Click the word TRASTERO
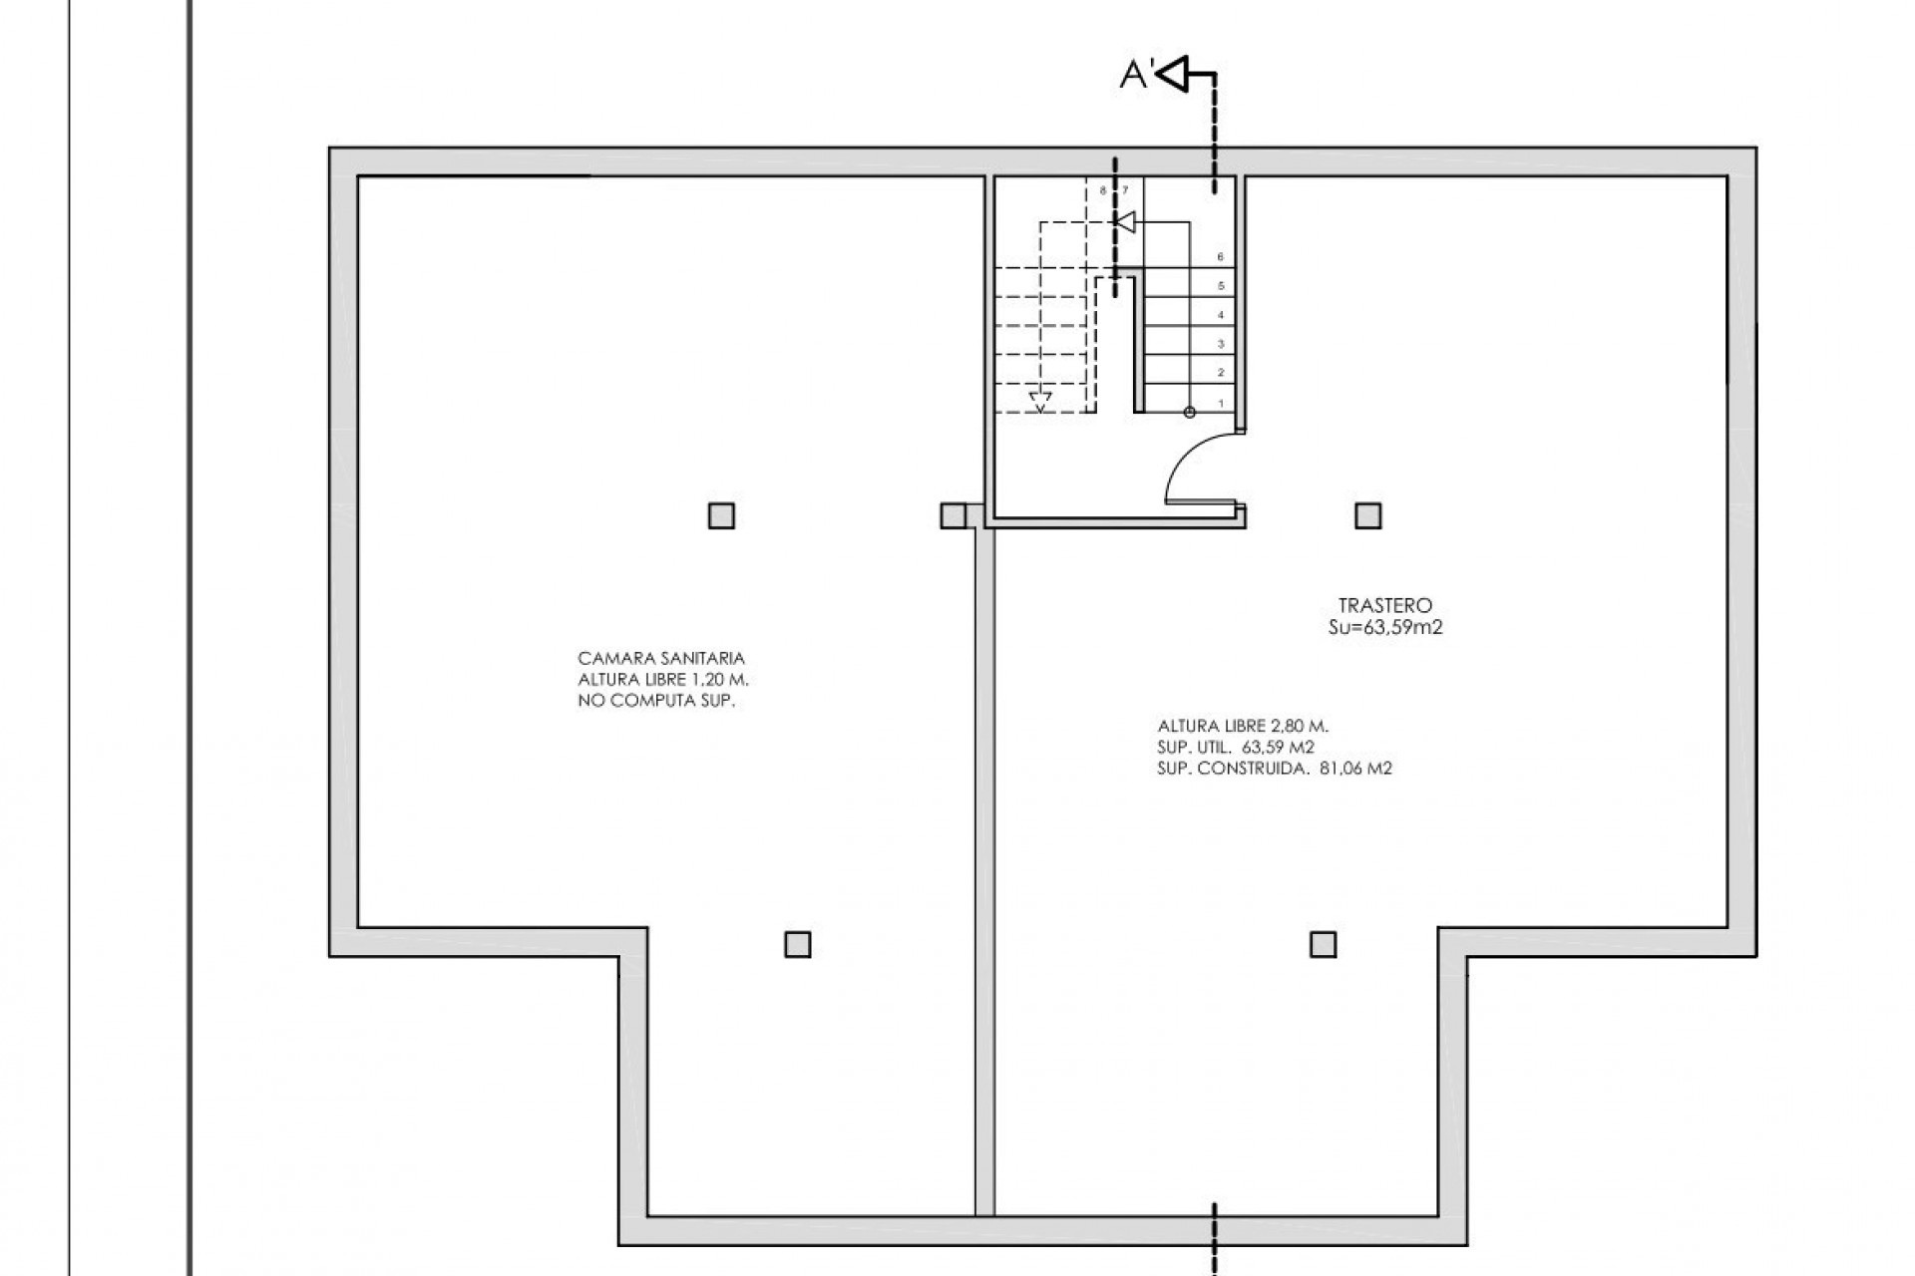1384,606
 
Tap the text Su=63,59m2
1384,628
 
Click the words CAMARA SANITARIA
661,659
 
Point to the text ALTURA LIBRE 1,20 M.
663,680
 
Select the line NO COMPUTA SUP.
656,701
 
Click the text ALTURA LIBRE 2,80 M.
1243,727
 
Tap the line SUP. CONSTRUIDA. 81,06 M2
1275,769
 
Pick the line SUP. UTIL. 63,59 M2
1236,748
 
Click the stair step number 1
1221,404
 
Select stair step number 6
1221,257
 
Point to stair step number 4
1221,315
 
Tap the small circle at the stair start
1189,412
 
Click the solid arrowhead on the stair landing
1124,221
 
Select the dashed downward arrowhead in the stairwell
1040,404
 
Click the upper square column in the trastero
1368,515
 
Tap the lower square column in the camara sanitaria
798,944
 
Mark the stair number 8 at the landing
1103,189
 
